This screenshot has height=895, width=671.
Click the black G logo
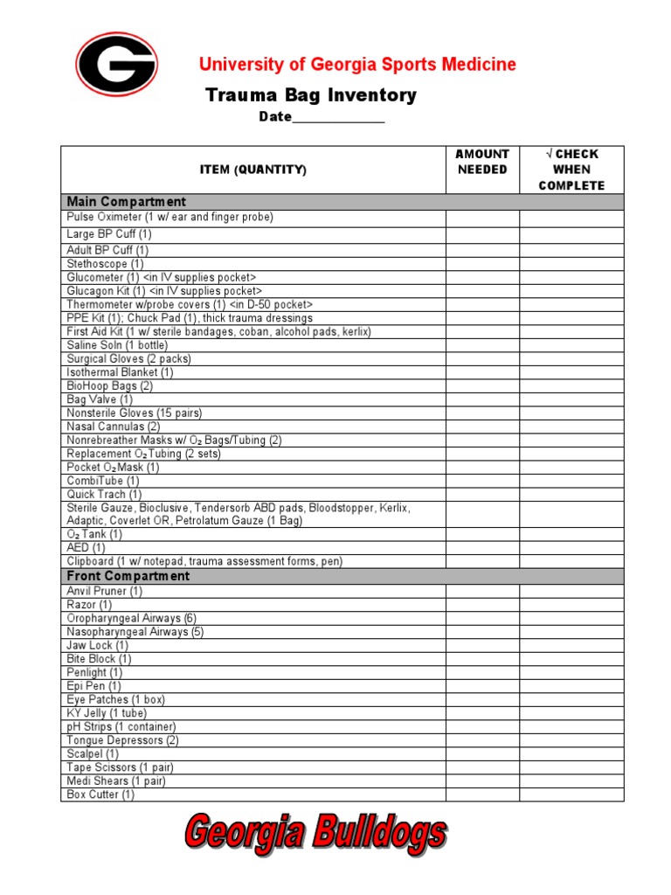click(x=116, y=64)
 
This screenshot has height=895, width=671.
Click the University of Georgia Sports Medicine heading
click(x=357, y=65)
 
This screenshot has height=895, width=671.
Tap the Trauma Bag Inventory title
click(x=310, y=95)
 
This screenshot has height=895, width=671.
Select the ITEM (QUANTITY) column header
click(x=253, y=170)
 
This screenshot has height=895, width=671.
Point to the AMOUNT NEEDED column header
click(x=482, y=162)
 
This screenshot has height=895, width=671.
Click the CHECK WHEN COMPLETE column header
click(x=571, y=170)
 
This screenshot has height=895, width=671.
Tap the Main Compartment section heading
click(x=127, y=202)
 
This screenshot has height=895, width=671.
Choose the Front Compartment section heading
click(x=128, y=577)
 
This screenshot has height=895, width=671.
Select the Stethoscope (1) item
click(x=106, y=263)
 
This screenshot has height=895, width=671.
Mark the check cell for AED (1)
click(x=571, y=547)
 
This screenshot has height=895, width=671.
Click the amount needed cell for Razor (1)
click(x=482, y=605)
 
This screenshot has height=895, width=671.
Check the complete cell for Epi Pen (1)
click(x=571, y=686)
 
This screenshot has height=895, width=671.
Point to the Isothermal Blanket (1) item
click(x=120, y=372)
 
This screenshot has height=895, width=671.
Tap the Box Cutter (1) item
click(x=100, y=794)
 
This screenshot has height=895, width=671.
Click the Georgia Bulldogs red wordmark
click(x=315, y=835)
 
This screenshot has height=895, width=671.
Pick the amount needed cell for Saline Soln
click(x=482, y=345)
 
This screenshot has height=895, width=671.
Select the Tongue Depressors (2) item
click(x=122, y=740)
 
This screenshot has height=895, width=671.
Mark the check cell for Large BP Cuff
click(x=571, y=234)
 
